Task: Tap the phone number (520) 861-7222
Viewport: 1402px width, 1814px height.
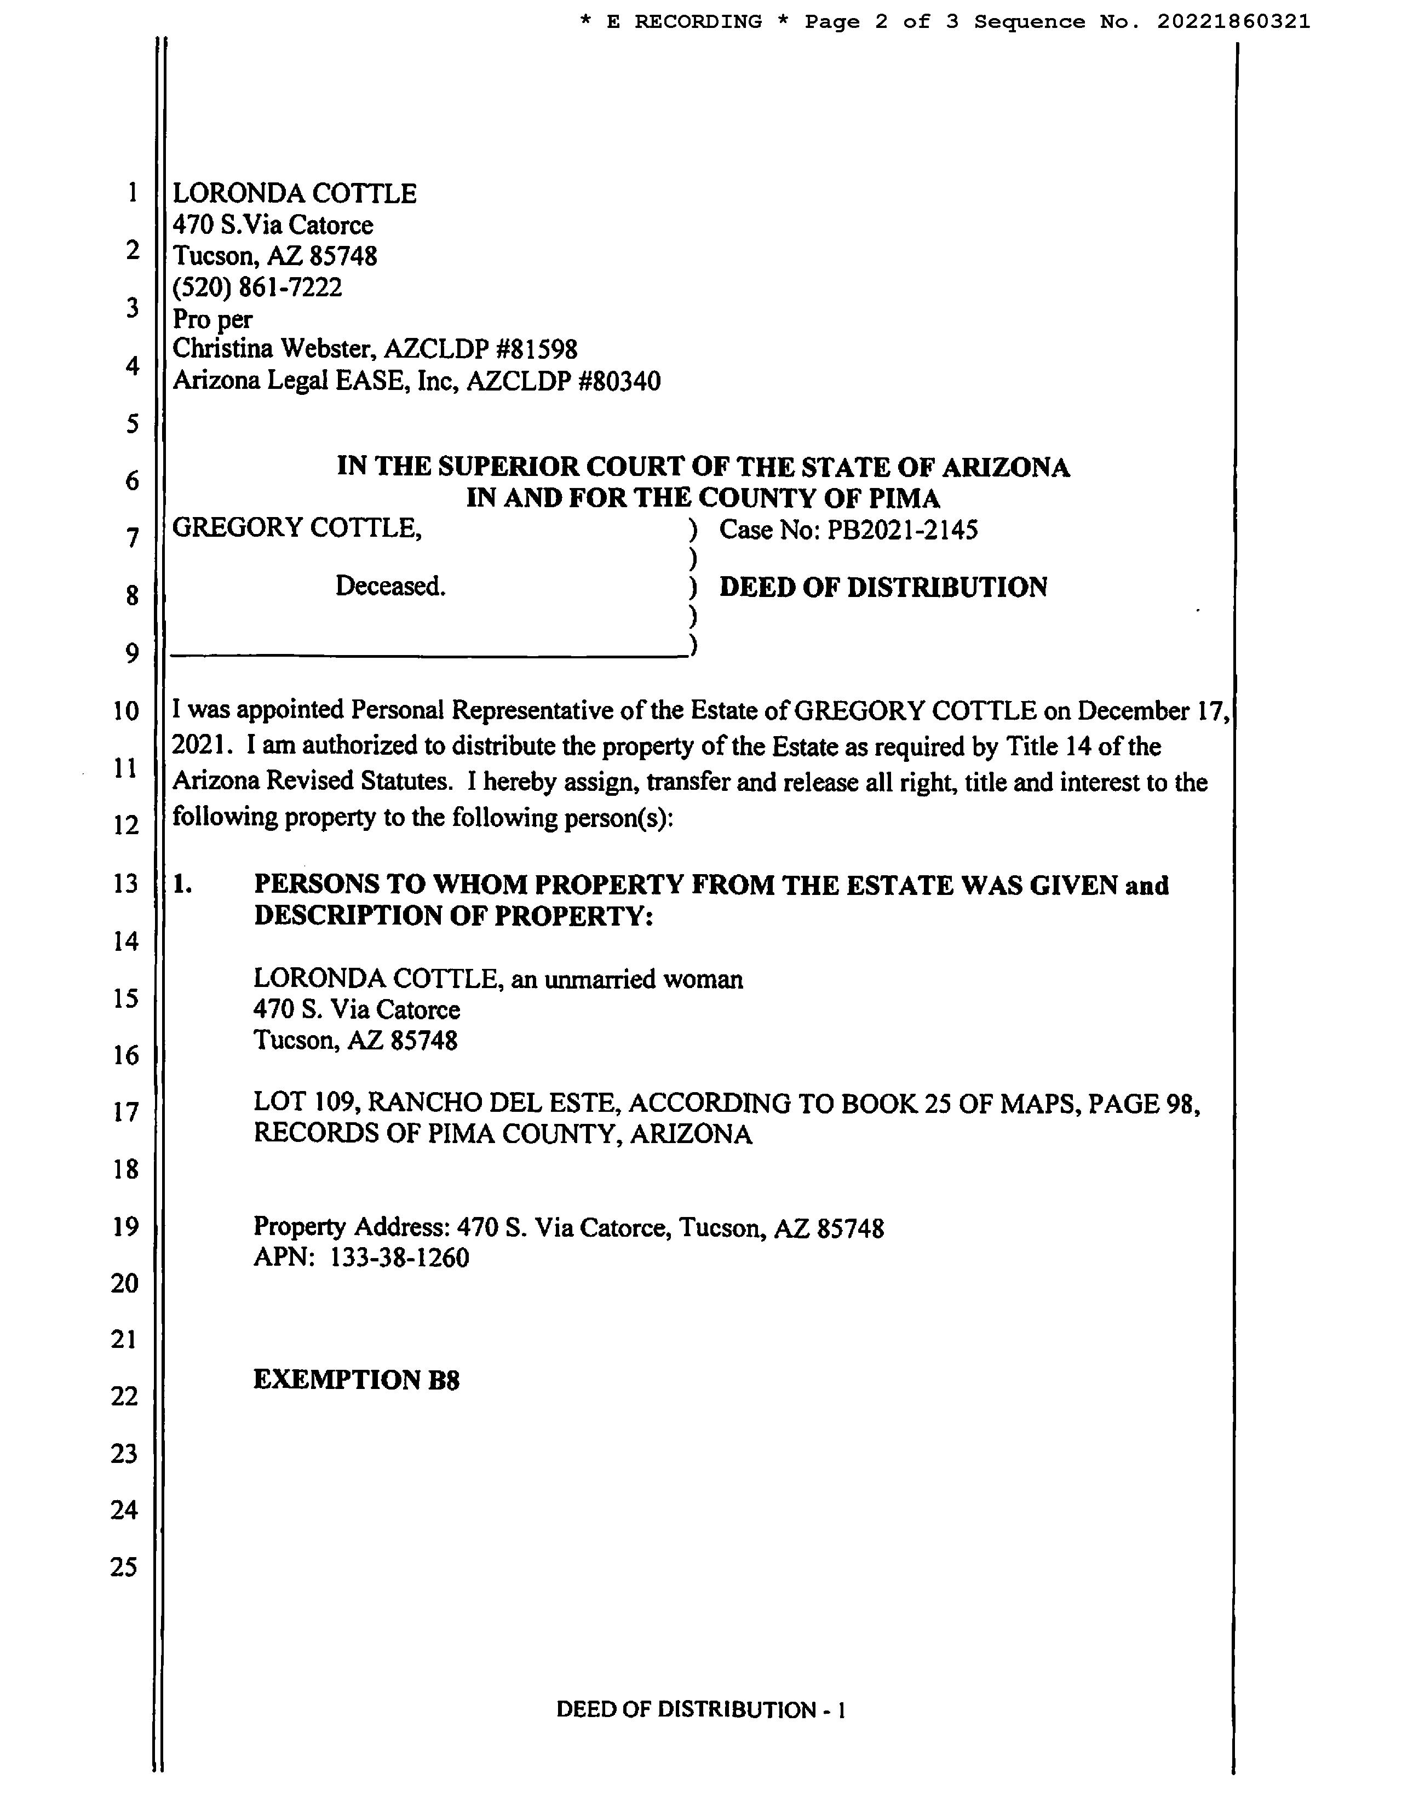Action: pos(257,288)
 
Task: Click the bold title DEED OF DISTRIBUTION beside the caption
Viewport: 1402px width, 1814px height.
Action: pos(882,587)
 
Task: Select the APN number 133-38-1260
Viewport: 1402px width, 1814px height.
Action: pos(399,1258)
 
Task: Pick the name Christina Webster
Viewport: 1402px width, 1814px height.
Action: pos(273,349)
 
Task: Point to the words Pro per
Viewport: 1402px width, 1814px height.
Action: pos(212,319)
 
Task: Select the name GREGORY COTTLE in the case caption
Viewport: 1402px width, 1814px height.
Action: pos(296,528)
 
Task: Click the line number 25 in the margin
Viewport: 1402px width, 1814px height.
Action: pos(124,1566)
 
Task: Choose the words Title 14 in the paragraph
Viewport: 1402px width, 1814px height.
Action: pos(1049,747)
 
